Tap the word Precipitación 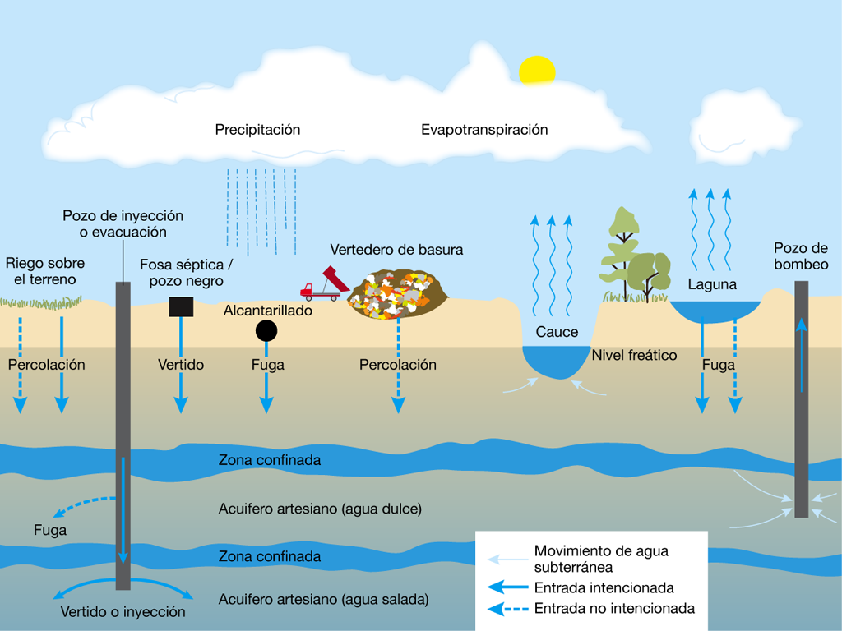[257, 130]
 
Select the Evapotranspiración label [484, 130]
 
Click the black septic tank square [181, 306]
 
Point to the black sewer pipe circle [266, 330]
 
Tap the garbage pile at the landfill [398, 293]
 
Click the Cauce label [557, 333]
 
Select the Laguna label [712, 285]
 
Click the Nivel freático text [634, 356]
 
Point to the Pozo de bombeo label [801, 256]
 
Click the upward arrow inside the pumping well [802, 353]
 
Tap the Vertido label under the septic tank [181, 365]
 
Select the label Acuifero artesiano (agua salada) [324, 599]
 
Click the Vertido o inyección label [123, 612]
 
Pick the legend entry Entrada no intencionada [614, 609]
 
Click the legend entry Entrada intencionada [604, 588]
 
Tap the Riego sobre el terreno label [45, 272]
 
